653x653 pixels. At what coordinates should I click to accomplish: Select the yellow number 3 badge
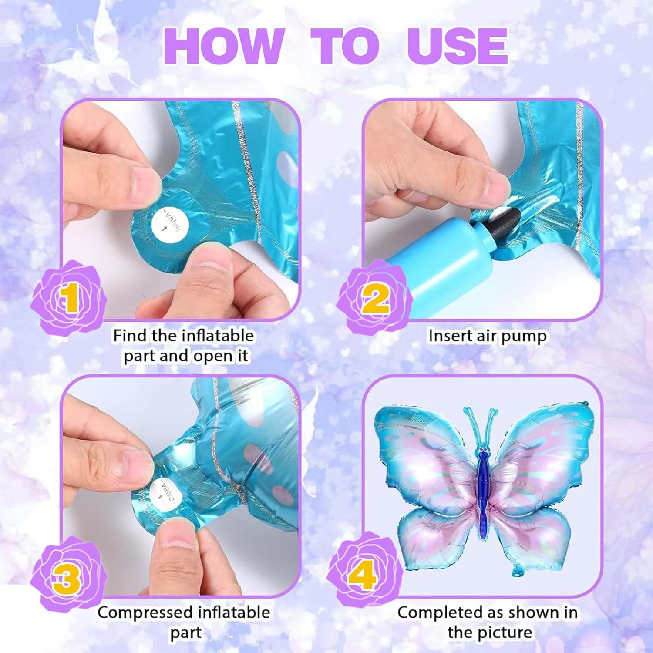[68, 576]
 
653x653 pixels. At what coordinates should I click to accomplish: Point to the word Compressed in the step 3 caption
[146, 613]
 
